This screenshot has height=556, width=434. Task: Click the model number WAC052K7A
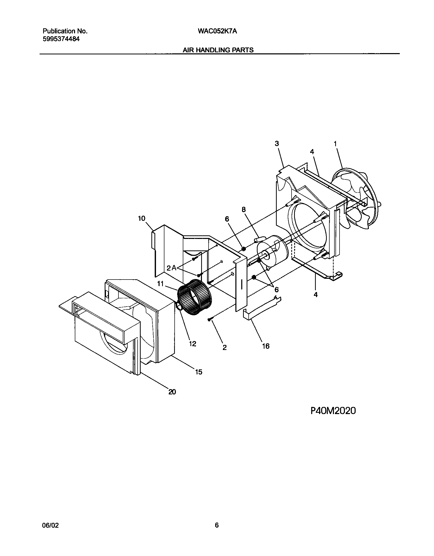tap(217, 31)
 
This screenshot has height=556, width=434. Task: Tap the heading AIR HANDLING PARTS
tap(218, 50)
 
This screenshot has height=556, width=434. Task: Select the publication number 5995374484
tap(61, 39)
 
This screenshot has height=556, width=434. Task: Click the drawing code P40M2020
tap(333, 411)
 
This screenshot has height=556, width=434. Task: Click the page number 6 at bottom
tap(217, 525)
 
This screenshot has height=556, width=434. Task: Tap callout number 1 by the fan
tap(335, 144)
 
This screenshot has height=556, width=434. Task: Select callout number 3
tap(277, 143)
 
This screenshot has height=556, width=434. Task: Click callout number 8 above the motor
tap(244, 210)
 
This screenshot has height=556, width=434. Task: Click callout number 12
tap(192, 344)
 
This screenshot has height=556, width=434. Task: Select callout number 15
tap(198, 372)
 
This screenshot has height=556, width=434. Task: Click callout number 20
tap(172, 392)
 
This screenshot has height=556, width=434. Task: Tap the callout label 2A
tap(171, 268)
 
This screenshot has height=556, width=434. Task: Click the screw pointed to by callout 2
tap(209, 319)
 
